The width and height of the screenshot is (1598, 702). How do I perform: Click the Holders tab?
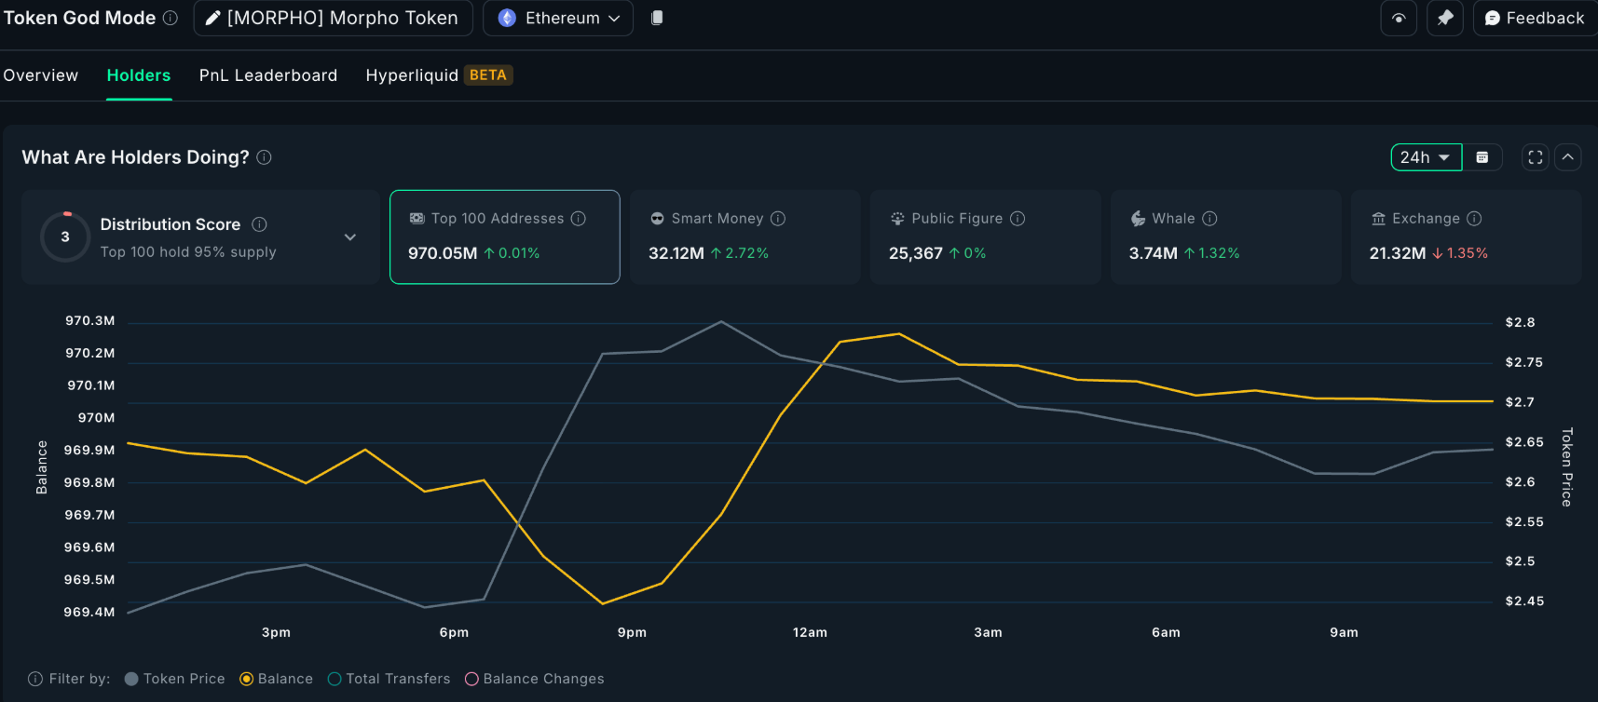[x=138, y=75]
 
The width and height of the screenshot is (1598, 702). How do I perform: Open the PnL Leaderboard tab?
[x=268, y=75]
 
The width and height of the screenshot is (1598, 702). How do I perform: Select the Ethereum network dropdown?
[x=558, y=18]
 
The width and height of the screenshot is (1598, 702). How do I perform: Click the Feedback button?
[x=1534, y=18]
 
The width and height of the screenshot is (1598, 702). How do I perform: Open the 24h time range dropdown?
[x=1425, y=157]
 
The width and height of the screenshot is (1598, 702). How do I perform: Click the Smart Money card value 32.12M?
[x=676, y=253]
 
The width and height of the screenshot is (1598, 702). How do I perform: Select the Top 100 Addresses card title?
[x=498, y=219]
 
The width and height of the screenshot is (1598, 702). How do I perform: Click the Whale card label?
[x=1173, y=219]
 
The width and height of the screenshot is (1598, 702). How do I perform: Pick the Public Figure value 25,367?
[x=915, y=253]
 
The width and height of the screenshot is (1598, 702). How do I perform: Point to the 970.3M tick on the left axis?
[x=90, y=320]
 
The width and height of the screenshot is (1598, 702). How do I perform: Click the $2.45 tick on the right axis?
[x=1524, y=601]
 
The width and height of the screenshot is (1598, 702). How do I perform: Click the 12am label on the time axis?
[x=810, y=632]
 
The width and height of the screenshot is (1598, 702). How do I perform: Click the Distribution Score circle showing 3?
[x=65, y=236]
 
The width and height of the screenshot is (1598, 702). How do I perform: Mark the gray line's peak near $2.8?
[x=721, y=322]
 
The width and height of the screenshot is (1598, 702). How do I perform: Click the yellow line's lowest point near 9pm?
[x=603, y=603]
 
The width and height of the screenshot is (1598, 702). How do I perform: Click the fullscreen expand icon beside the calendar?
[x=1535, y=157]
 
